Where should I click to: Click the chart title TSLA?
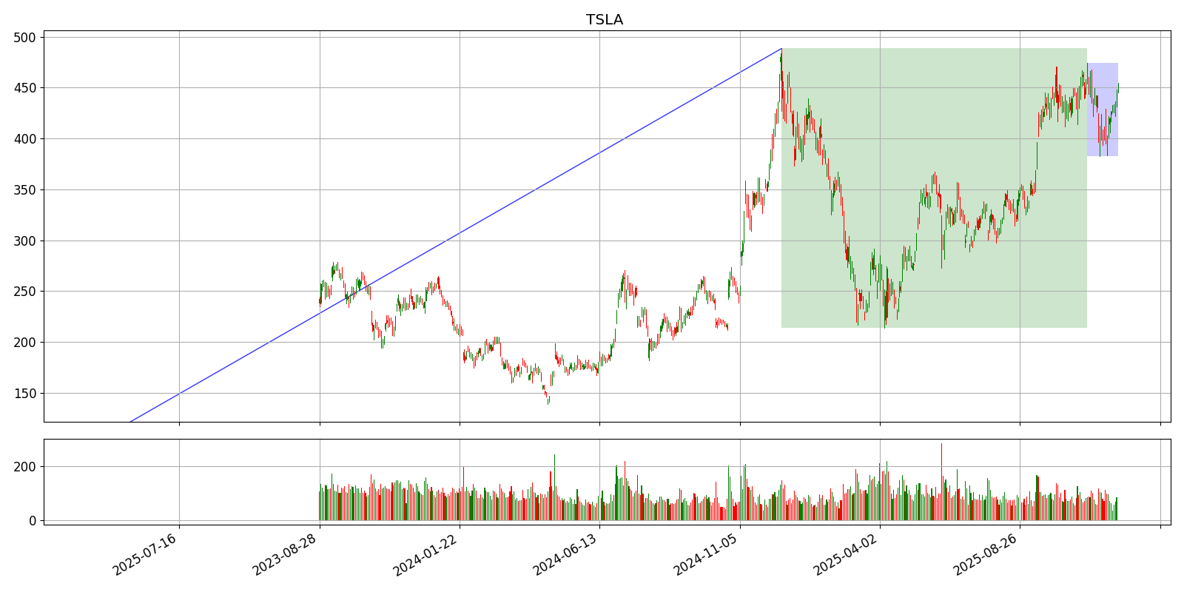pos(605,20)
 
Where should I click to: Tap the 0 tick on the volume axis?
pos(33,521)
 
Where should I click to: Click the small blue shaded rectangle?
pos(1103,110)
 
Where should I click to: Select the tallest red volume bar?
pos(941,482)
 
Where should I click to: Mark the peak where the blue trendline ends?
pos(781,49)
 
